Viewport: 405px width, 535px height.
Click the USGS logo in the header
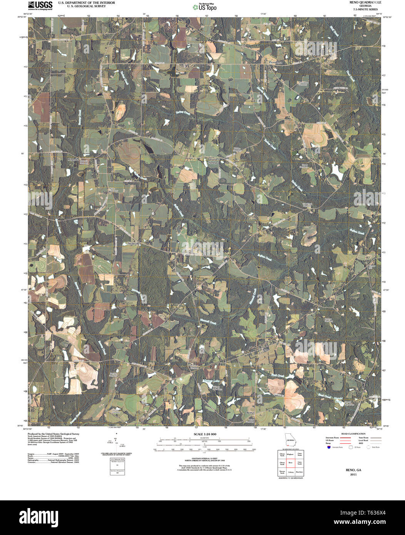click(x=40, y=5)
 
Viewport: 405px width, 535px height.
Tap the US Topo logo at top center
click(x=204, y=7)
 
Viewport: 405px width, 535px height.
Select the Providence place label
click(x=275, y=62)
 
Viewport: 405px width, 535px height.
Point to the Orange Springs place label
click(x=213, y=161)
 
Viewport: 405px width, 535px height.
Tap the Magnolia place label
click(x=73, y=159)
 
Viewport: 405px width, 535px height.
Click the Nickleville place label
click(x=135, y=244)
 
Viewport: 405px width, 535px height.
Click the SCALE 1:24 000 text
click(x=205, y=434)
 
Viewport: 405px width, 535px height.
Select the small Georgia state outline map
click(x=290, y=440)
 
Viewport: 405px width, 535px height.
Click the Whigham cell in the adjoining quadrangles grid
click(x=290, y=455)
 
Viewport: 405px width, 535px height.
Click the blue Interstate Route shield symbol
click(x=328, y=447)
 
